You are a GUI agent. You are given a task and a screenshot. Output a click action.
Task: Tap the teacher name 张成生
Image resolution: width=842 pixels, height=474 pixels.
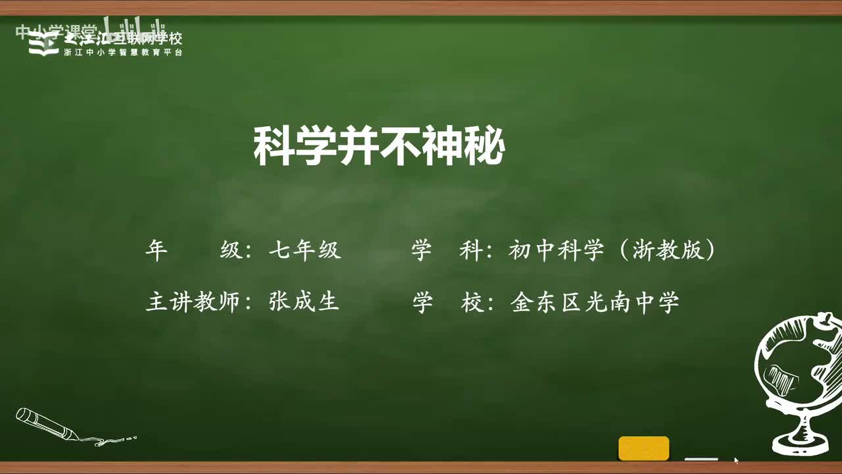(304, 302)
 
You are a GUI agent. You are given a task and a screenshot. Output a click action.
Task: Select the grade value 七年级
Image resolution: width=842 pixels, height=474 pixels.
(305, 251)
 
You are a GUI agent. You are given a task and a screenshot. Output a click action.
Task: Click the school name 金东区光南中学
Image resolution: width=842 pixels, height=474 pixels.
(594, 302)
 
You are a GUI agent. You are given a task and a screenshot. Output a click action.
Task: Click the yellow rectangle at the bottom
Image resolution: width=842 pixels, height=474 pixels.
(643, 448)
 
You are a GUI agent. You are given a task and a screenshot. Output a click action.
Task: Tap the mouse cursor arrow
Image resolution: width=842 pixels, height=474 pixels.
(736, 460)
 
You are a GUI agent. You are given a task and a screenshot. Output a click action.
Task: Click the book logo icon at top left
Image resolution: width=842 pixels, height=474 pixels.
(43, 44)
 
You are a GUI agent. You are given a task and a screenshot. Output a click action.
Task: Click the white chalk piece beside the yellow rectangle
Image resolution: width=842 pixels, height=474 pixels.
(701, 458)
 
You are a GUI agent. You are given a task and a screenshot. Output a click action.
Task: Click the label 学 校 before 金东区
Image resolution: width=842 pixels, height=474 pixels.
(448, 302)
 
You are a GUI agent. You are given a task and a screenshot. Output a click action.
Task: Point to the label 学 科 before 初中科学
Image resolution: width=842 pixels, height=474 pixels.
(448, 251)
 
